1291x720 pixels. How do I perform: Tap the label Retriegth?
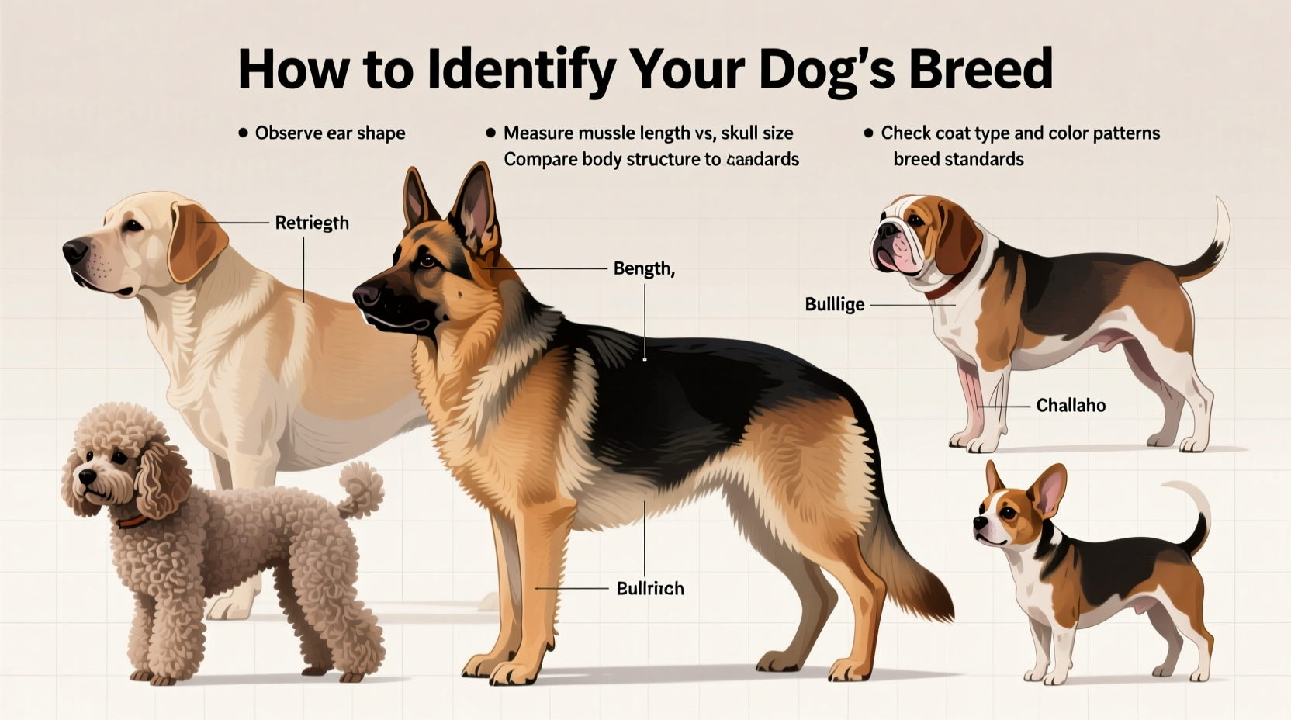(x=312, y=223)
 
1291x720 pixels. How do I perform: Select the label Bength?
(x=643, y=268)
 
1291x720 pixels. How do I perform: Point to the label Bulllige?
(x=834, y=304)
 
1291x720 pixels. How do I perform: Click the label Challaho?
(x=1071, y=405)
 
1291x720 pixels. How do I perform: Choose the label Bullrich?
(x=649, y=588)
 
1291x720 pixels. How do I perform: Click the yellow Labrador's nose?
(x=74, y=250)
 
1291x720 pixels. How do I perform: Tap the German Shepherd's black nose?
(x=365, y=296)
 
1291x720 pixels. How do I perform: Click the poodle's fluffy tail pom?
(x=362, y=486)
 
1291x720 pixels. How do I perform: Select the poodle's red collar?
(x=132, y=521)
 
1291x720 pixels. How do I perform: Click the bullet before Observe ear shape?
(x=242, y=133)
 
